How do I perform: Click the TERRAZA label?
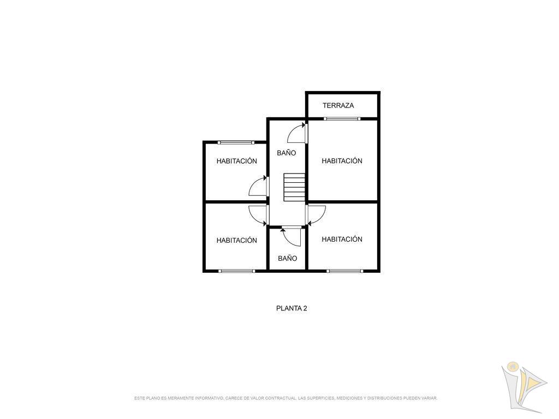338,105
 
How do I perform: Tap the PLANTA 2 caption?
292,309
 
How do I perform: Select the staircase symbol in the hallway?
294,187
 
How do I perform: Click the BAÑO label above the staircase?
286,153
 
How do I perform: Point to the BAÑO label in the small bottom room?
287,258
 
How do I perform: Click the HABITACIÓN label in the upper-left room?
237,161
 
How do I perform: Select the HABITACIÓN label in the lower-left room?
237,241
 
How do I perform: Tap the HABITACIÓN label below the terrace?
342,161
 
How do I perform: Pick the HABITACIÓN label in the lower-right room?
342,240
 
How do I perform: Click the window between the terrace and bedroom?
342,118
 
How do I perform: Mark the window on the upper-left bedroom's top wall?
237,142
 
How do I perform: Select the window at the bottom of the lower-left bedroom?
237,271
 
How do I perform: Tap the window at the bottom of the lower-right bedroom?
345,271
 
